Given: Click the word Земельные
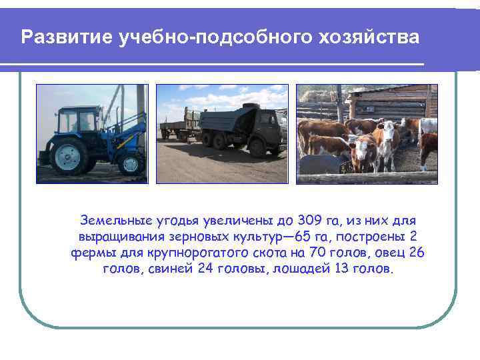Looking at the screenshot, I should coord(111,221).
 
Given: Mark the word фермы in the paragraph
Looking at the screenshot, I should coord(89,254).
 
